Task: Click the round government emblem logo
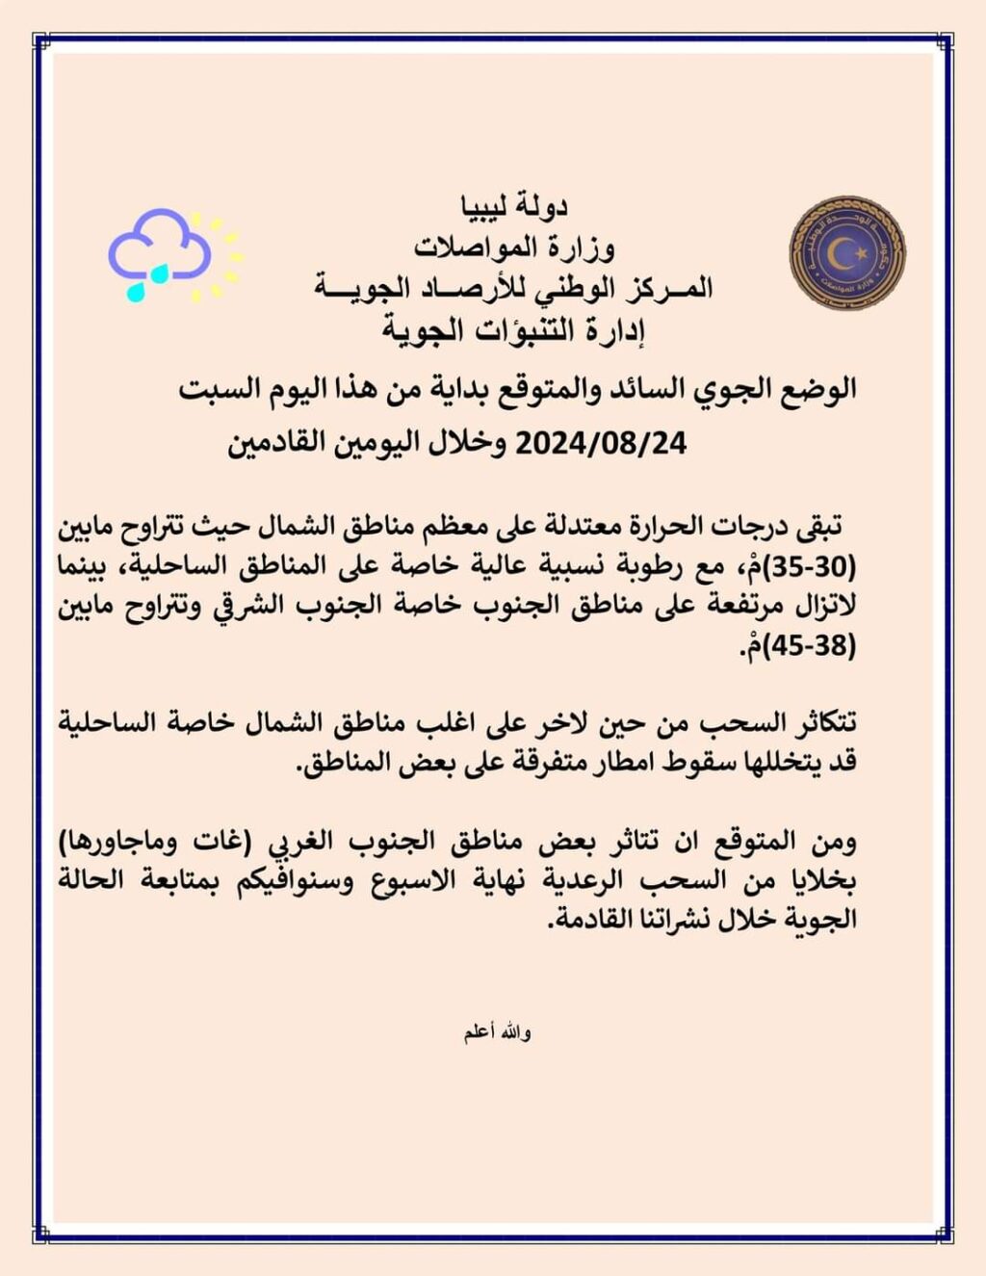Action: point(846,253)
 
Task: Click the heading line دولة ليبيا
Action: point(515,206)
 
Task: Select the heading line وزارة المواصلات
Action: point(515,247)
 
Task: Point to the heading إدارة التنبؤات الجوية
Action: point(512,330)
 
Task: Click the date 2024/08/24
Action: point(603,444)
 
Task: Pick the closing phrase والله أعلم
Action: point(497,1033)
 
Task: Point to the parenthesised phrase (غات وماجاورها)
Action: point(155,842)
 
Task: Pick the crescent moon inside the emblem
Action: point(844,252)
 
